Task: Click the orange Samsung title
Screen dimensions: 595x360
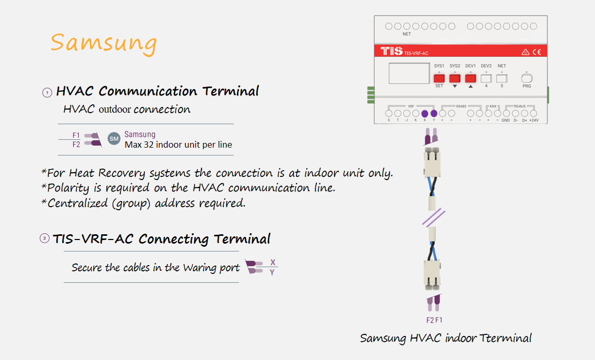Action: coord(103,43)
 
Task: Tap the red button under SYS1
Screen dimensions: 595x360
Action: coord(439,78)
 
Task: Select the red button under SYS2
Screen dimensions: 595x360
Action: coord(455,78)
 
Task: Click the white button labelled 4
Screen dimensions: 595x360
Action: coord(486,78)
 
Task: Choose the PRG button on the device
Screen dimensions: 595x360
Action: coord(527,78)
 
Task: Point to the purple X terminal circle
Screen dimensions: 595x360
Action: coord(425,113)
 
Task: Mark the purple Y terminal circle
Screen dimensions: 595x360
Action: coord(434,113)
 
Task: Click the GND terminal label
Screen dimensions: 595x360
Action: coord(505,120)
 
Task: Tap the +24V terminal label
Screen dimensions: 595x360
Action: coord(534,120)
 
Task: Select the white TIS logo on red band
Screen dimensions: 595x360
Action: coord(391,51)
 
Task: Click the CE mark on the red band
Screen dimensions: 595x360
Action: coord(537,52)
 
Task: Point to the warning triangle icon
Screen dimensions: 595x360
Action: coord(525,52)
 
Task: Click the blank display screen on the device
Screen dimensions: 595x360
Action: coord(409,73)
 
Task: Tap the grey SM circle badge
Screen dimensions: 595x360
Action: coord(114,139)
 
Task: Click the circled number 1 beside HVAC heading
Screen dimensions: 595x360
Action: coord(47,92)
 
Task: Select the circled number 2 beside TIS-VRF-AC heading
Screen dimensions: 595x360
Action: coord(44,238)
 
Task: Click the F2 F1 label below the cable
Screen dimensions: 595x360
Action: coord(434,320)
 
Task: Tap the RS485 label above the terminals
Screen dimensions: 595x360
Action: coord(461,106)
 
